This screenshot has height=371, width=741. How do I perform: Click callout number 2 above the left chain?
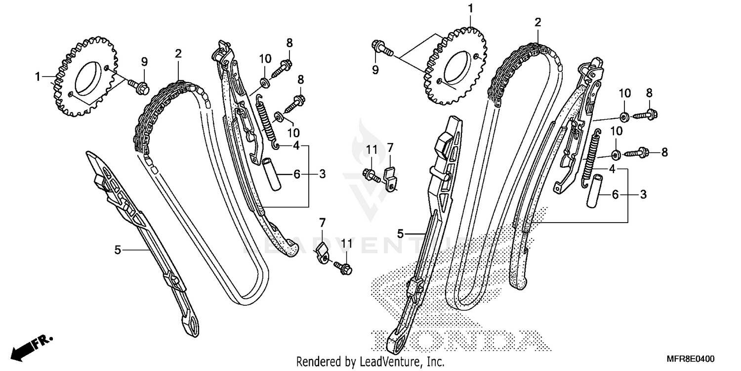(x=178, y=53)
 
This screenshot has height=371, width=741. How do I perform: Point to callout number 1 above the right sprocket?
(x=471, y=8)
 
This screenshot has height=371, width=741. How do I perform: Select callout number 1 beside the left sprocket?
(x=38, y=77)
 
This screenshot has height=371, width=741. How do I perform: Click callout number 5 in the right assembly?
(x=401, y=232)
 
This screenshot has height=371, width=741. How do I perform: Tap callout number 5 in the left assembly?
(x=118, y=250)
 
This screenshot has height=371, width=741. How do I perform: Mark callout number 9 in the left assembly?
(x=144, y=62)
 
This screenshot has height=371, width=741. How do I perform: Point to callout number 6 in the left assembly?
(x=297, y=174)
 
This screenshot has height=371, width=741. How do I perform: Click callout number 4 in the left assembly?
(x=296, y=145)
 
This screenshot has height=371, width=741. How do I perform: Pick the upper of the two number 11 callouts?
(x=371, y=149)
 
